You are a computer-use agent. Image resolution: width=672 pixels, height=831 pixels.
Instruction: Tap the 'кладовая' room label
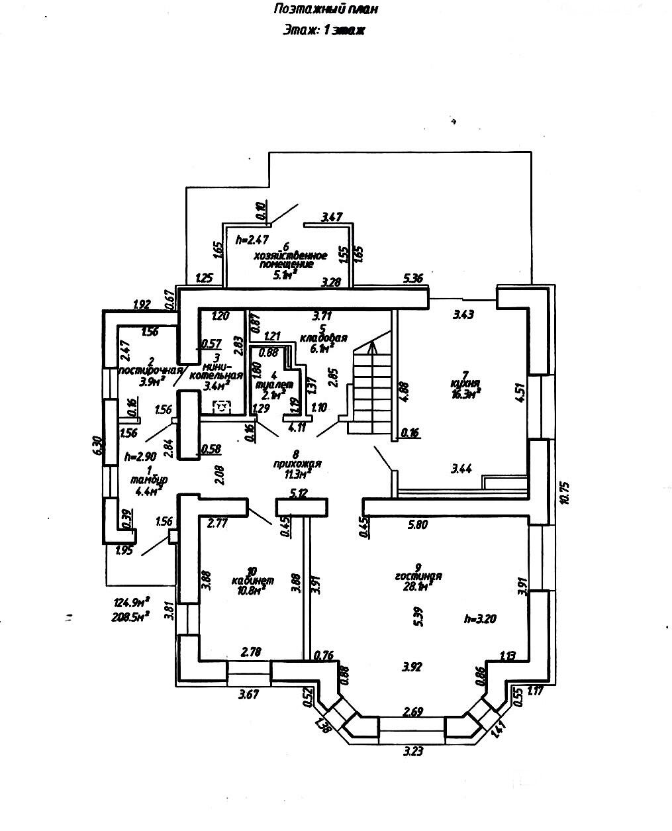324,338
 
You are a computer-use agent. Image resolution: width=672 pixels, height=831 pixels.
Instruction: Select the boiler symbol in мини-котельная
222,406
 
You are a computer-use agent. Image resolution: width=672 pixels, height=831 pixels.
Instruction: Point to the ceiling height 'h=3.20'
480,619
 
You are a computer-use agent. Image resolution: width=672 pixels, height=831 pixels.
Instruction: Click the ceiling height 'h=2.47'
254,240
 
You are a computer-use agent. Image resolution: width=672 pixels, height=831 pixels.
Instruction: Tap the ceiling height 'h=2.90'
140,456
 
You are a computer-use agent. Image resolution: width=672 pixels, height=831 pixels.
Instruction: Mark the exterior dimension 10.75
564,493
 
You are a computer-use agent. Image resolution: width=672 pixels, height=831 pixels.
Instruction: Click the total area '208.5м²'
132,615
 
